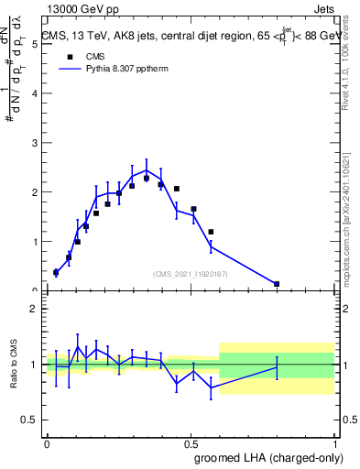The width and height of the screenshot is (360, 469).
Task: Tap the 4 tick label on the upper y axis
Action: pos(35,143)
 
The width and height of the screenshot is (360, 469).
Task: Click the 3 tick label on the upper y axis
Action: pos(35,192)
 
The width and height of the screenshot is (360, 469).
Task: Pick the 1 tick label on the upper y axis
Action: pos(35,242)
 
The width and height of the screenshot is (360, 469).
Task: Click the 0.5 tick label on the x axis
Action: pos(191,443)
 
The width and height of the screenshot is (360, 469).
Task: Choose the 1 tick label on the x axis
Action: pos(334,443)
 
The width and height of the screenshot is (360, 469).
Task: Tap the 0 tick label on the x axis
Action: pos(48,443)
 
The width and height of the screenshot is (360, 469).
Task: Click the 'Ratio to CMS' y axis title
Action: pos(14,365)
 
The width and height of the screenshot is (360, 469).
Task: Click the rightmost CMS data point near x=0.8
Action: pos(277,284)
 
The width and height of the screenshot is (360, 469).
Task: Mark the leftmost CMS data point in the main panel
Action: pos(56,272)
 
